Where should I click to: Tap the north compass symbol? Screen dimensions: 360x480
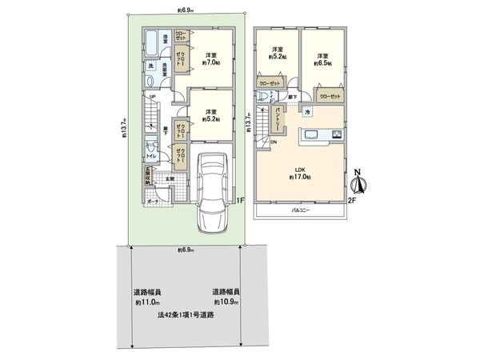coord(359,183)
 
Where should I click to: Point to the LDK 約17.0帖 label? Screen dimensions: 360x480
coord(301,172)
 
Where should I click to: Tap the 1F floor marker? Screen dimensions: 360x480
coord(240,200)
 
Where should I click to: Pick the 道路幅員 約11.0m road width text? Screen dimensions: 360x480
coord(148,298)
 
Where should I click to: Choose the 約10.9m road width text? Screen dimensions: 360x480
coord(226,298)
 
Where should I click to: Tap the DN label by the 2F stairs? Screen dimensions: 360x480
coord(273,142)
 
